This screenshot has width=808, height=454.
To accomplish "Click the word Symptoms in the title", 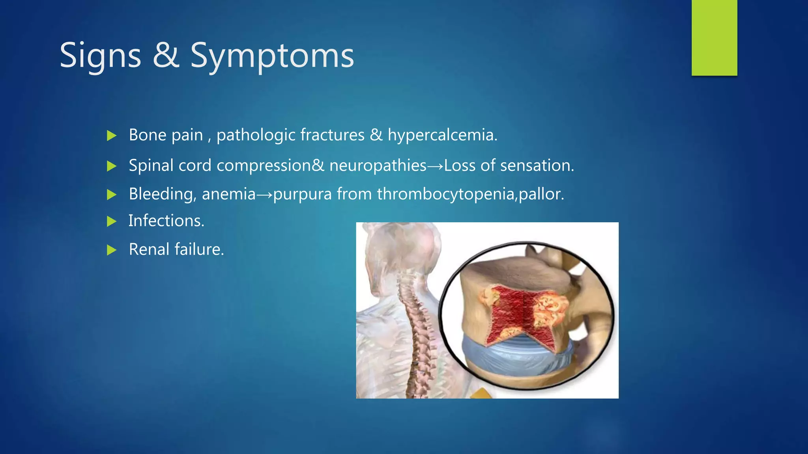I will point(272,56).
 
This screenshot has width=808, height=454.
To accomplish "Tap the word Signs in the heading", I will point(100,56).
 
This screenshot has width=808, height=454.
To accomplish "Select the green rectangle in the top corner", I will point(714,38).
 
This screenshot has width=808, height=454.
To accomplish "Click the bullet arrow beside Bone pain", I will point(112,136).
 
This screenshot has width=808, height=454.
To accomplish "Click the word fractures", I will point(332,135).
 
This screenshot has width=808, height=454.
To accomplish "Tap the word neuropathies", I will point(378,166).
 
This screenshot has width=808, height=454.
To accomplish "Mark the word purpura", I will point(302,194).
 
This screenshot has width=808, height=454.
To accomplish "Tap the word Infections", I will point(166,221).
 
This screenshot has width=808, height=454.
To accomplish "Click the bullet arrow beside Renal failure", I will point(112,250).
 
